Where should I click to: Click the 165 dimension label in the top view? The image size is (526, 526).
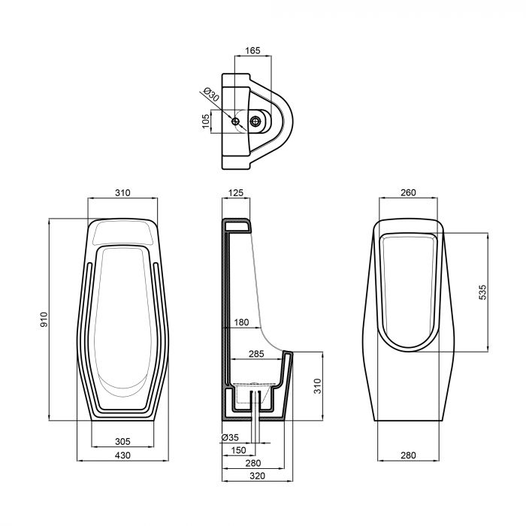coord(252,51)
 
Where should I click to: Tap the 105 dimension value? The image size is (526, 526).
coord(204,122)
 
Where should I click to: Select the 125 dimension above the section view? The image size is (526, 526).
coord(235,193)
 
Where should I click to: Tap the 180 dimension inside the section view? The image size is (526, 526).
coord(240,323)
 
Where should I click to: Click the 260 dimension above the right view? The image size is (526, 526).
coord(408,193)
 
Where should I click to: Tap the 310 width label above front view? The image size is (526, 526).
coord(122,193)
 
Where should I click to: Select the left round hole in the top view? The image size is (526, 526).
coord(237,121)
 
